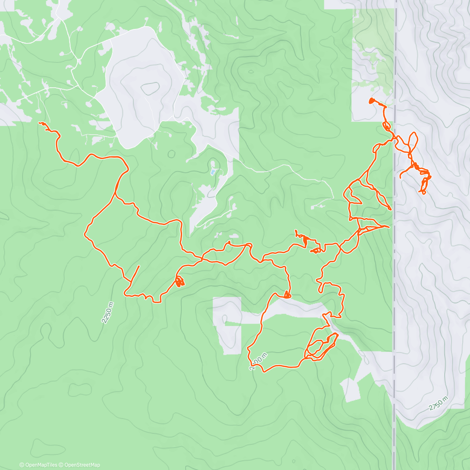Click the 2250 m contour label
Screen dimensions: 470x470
pyautogui.click(x=108, y=312)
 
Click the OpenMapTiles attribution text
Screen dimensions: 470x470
pyautogui.click(x=38, y=465)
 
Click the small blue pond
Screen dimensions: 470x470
pyautogui.click(x=213, y=172)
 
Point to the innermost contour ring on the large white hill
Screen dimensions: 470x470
pyautogui.click(x=150, y=89)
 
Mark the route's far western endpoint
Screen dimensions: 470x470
pyautogui.click(x=40, y=123)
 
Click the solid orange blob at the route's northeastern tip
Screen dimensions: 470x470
pyautogui.click(x=371, y=101)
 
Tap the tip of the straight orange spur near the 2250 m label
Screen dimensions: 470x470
pyautogui.click(x=139, y=266)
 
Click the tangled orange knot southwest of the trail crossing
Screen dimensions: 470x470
pyautogui.click(x=179, y=282)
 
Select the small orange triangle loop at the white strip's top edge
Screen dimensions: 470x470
pyautogui.click(x=287, y=295)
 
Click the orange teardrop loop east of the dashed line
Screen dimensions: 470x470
pyautogui.click(x=413, y=139)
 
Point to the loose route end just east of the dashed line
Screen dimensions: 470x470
pyautogui.click(x=400, y=177)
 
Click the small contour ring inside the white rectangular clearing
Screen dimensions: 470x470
pyautogui.click(x=224, y=319)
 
